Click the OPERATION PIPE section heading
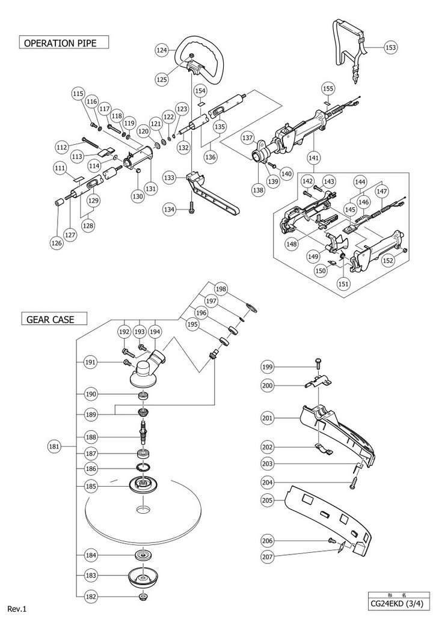click(x=60, y=43)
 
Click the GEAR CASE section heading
click(x=51, y=319)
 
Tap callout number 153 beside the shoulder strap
click(x=390, y=47)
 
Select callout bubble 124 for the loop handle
click(x=162, y=50)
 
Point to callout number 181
click(x=54, y=446)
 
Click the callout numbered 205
click(x=268, y=500)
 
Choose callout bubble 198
click(x=221, y=289)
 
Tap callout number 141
click(x=313, y=158)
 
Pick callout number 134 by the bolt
click(x=170, y=209)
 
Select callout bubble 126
click(x=57, y=243)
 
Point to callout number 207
click(x=268, y=556)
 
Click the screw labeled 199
click(x=318, y=362)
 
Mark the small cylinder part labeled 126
click(x=58, y=203)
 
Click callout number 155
click(x=328, y=88)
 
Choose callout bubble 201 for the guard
click(x=268, y=418)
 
